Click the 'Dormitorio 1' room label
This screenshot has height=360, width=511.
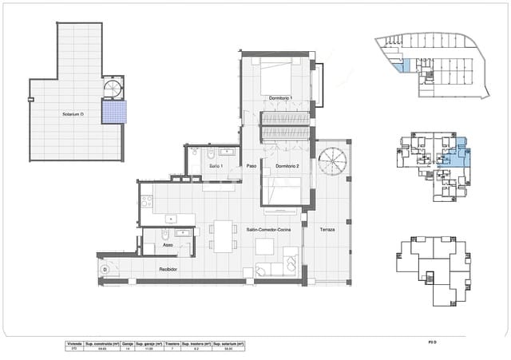[281, 98]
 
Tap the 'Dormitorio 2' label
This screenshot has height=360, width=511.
[287, 166]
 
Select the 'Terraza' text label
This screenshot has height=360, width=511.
[327, 229]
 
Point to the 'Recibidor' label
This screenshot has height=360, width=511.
[168, 270]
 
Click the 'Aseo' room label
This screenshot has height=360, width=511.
[158, 246]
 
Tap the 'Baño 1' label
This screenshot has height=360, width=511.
[216, 166]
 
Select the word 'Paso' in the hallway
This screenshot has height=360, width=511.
[251, 166]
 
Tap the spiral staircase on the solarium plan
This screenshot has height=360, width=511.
[113, 88]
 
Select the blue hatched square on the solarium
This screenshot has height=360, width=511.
[114, 112]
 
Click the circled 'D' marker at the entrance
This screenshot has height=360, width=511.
[105, 270]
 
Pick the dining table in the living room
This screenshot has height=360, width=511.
[223, 234]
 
